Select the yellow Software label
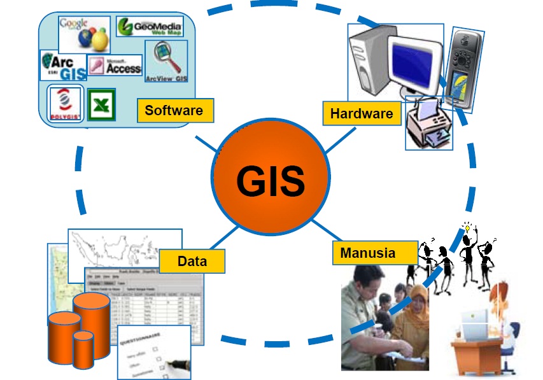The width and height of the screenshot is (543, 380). point(174,111)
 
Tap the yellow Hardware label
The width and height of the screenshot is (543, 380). point(362,114)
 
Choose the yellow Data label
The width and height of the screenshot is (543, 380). point(192,261)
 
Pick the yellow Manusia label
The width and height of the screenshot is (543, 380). point(367,253)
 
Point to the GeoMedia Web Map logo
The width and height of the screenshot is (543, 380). point(150,27)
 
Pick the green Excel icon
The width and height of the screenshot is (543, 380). point(100,104)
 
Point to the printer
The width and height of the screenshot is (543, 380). point(428,125)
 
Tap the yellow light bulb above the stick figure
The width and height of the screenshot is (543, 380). point(467,227)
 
